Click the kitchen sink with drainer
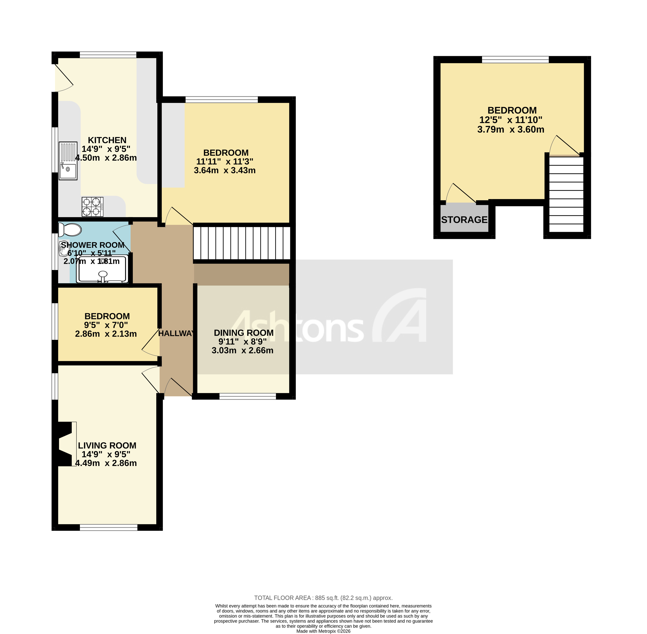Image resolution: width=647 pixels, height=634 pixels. coord(68,161)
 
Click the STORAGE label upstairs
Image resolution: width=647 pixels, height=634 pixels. coord(464,220)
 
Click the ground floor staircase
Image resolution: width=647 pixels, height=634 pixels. coord(242,243)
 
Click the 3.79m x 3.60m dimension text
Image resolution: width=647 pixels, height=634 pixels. coord(510,130)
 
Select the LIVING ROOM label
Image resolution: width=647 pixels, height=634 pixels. coord(107,446)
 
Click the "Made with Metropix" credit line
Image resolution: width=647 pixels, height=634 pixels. coord(323,631)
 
